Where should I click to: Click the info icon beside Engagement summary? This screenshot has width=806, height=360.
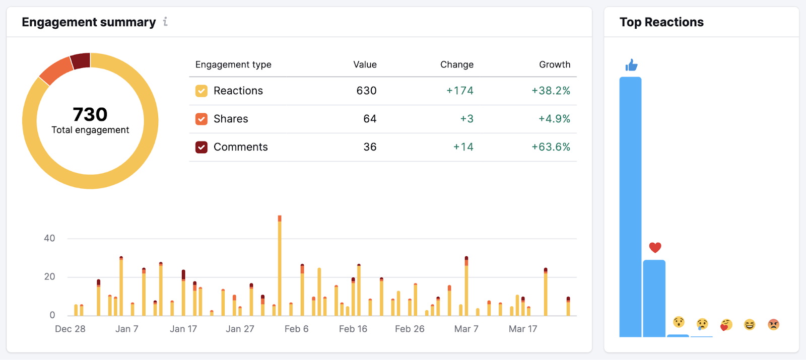[165, 22]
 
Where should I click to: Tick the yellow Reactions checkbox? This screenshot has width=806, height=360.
[201, 91]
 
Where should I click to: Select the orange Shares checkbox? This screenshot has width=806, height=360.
[201, 119]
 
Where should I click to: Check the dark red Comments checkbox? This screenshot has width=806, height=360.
[201, 147]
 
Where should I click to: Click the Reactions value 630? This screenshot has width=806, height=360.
[366, 91]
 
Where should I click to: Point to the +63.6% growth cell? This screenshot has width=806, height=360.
[551, 147]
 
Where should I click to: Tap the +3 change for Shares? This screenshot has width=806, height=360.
[466, 119]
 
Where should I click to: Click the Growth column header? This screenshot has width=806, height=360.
[554, 64]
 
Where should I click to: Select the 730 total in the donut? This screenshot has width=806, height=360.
[90, 114]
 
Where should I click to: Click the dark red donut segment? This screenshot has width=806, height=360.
[81, 60]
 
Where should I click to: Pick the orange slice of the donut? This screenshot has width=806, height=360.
[56, 71]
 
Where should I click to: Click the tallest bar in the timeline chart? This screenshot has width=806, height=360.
[280, 267]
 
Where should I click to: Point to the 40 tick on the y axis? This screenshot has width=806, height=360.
[49, 238]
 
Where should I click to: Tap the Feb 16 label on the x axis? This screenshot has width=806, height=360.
[353, 329]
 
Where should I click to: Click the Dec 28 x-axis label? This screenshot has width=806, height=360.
[70, 329]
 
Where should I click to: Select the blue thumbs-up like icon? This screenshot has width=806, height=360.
[631, 65]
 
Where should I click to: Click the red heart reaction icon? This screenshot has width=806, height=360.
[655, 247]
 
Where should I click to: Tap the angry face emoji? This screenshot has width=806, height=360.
[773, 324]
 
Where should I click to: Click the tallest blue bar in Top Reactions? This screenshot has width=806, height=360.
[630, 206]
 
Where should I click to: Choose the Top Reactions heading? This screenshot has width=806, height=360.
[661, 22]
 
